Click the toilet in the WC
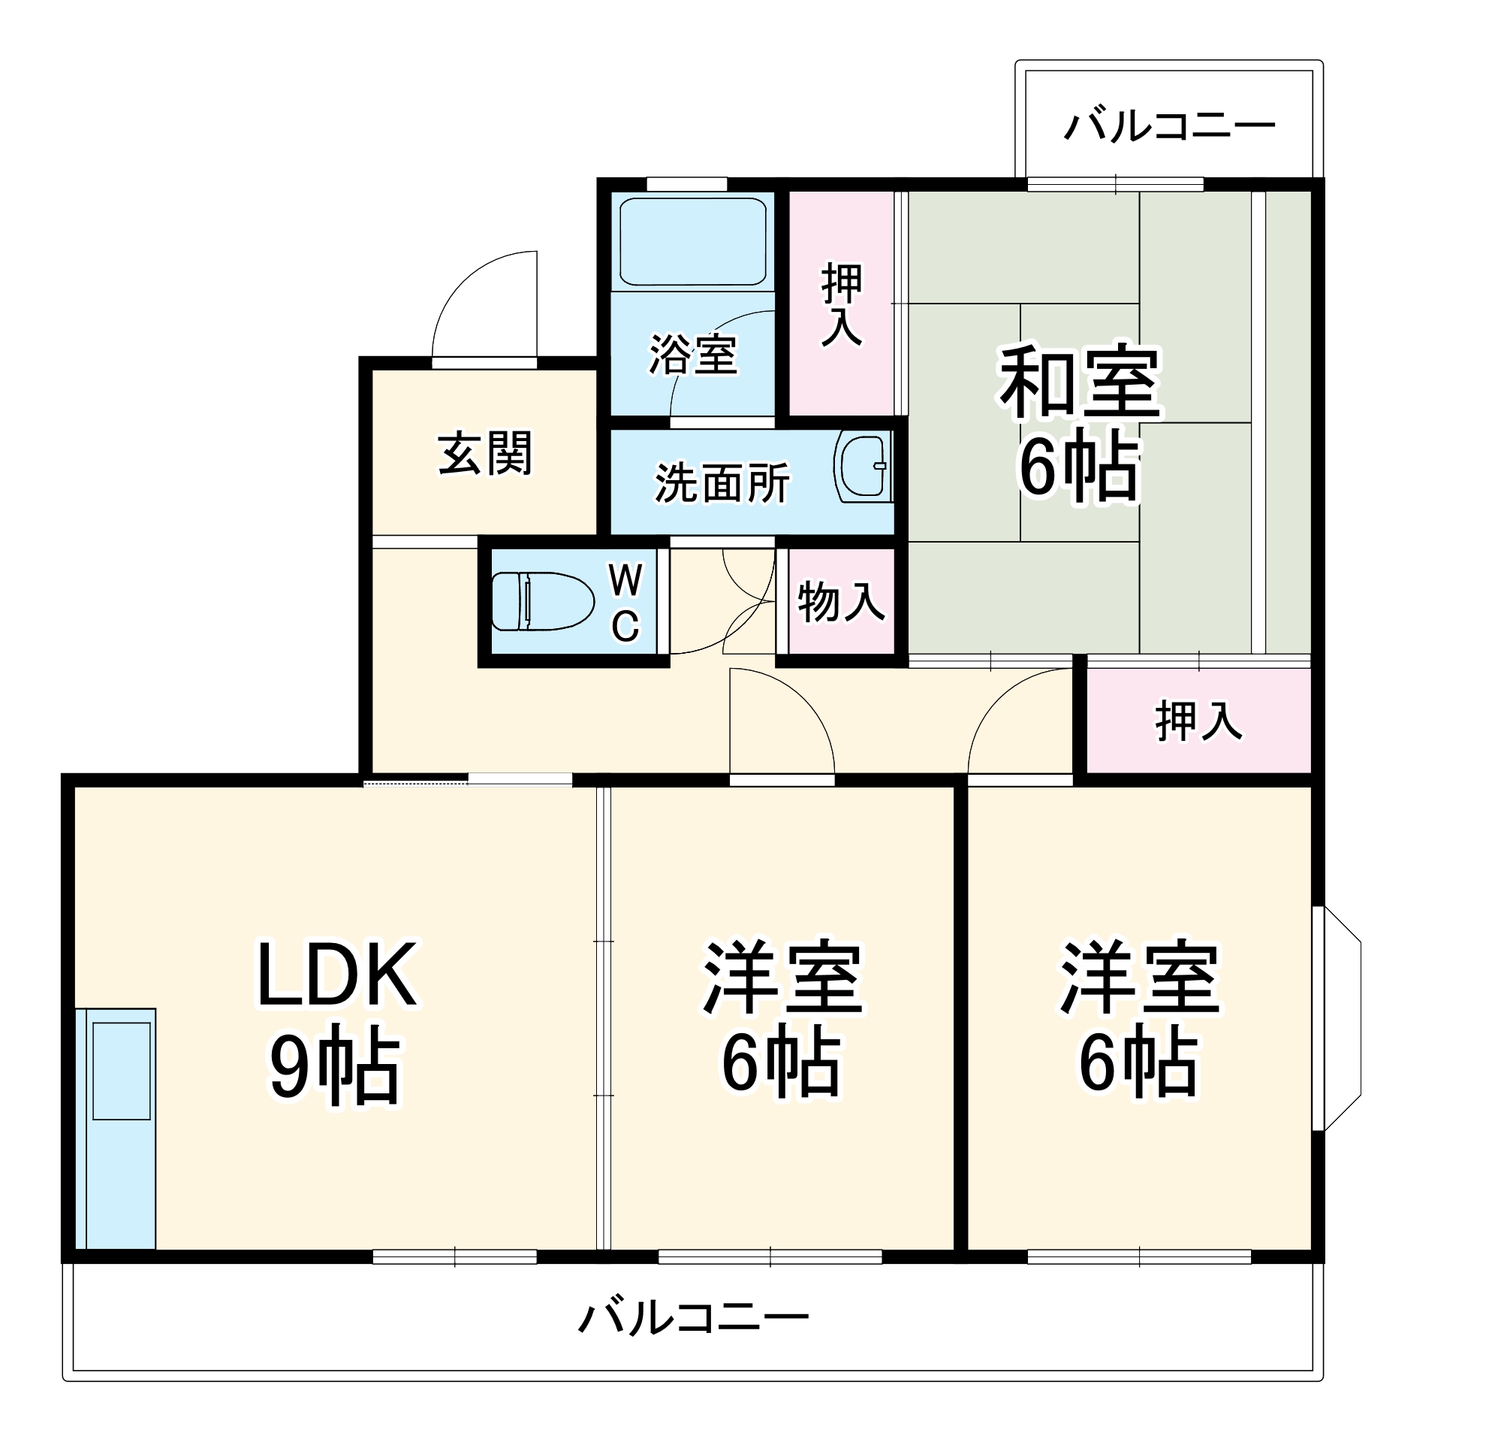(542, 601)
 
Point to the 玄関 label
(485, 454)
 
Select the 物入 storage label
(841, 601)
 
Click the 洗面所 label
(722, 483)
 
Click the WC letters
(625, 603)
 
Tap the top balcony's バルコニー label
(1169, 126)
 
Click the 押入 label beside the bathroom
(842, 304)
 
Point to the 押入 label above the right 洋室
(1198, 721)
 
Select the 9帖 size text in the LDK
(335, 1069)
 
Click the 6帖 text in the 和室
(1080, 467)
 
